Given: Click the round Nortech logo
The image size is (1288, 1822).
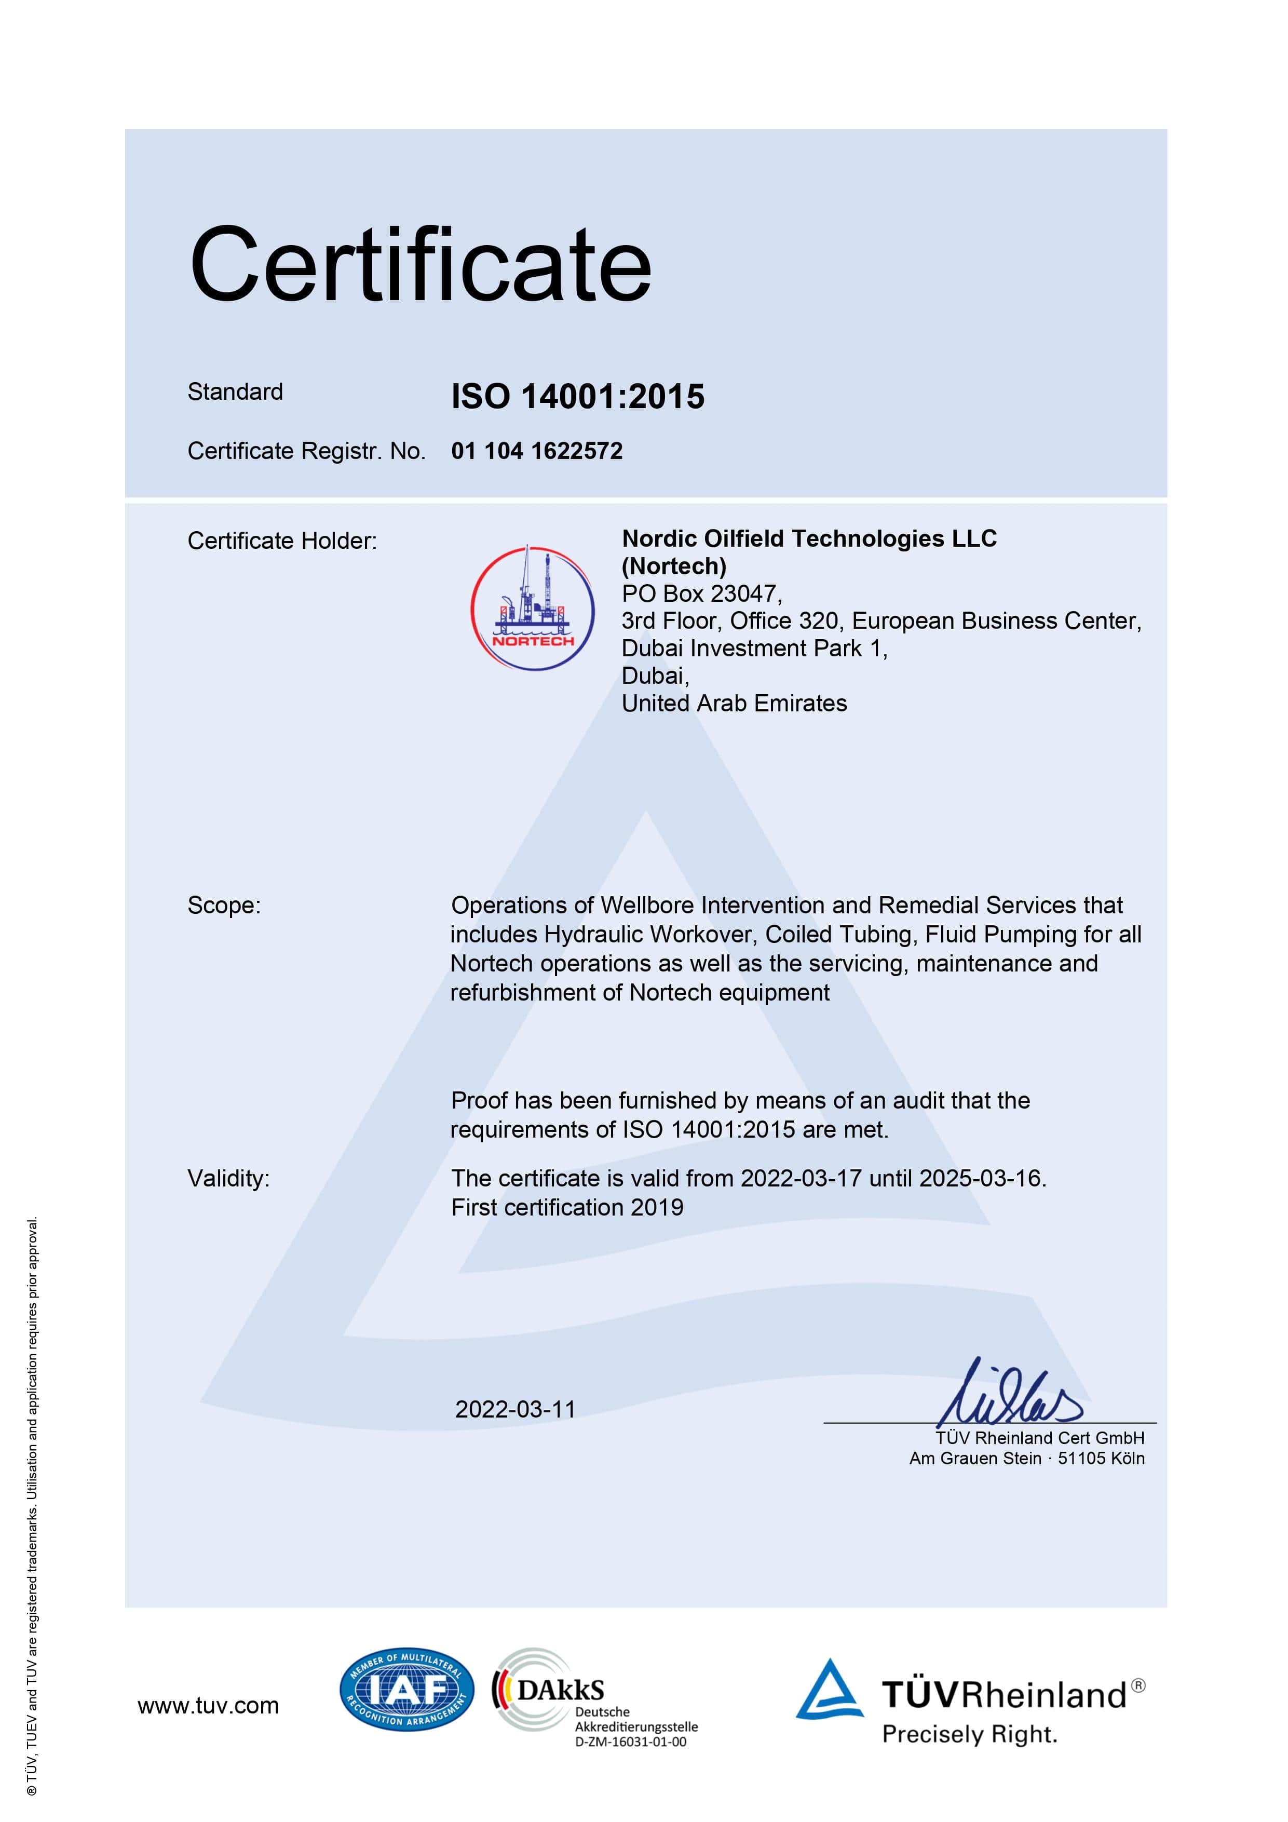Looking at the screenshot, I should tap(533, 608).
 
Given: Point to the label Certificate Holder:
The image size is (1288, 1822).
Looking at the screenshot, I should tap(282, 541).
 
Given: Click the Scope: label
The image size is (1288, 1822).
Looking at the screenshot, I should tap(224, 906).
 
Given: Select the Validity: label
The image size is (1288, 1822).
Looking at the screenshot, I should tap(228, 1179).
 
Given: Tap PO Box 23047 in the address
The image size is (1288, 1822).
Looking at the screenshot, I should tap(701, 593).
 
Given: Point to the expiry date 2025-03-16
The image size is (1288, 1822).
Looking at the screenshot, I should tap(981, 1179).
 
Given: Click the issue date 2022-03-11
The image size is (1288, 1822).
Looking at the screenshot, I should tap(515, 1409).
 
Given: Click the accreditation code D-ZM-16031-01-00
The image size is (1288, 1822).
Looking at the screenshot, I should tap(630, 1742).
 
